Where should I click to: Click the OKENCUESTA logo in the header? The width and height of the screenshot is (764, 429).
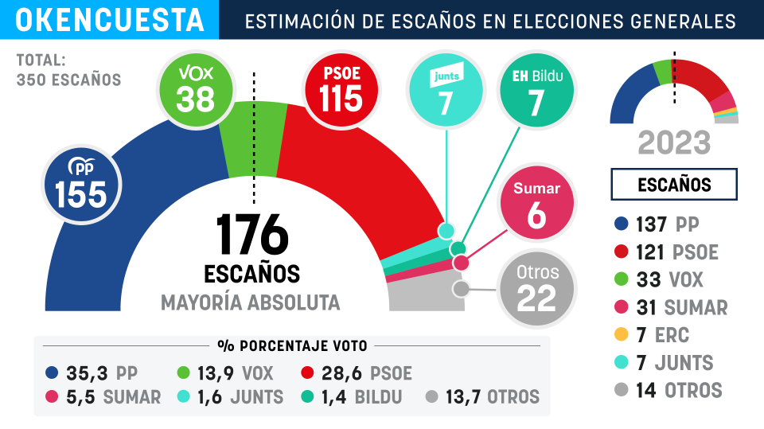coord(109,20)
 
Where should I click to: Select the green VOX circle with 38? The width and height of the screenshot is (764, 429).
coord(195,88)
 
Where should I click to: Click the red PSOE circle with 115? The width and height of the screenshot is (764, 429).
coord(341,88)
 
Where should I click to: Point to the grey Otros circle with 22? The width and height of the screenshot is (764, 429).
coord(536,287)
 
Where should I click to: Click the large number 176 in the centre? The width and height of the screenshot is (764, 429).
coord(251,234)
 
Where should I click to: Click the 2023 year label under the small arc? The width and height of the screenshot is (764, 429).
coord(674,143)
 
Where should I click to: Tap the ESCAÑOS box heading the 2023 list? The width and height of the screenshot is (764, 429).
coord(674,185)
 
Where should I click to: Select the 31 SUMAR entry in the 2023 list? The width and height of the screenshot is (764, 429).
coord(672,307)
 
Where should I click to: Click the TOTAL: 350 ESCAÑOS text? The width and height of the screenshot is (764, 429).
coord(68,70)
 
